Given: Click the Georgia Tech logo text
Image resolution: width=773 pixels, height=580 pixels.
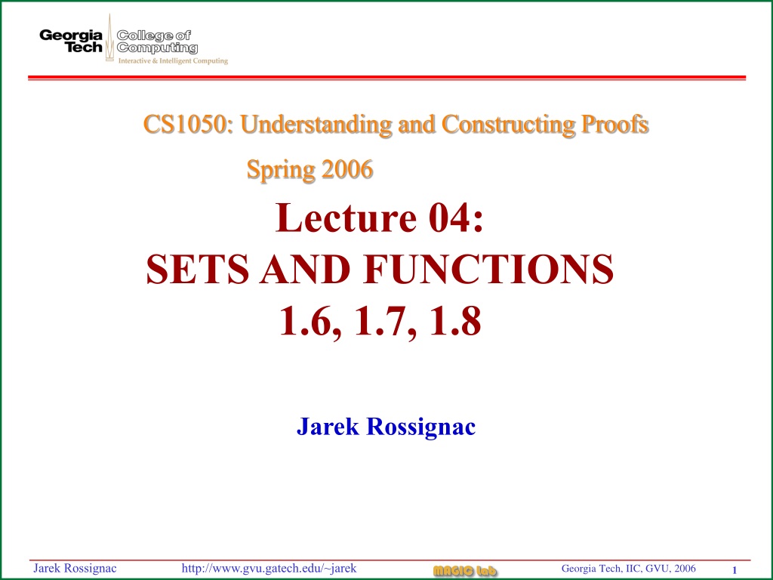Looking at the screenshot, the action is tap(71, 42).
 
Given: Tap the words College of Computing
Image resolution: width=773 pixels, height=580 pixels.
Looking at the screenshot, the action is tap(157, 42).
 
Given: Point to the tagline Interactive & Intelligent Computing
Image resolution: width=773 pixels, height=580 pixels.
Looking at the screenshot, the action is tap(173, 61).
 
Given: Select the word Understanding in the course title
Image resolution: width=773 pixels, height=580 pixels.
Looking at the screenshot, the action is tap(316, 125).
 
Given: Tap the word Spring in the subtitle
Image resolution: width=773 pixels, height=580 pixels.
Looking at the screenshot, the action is tap(281, 170).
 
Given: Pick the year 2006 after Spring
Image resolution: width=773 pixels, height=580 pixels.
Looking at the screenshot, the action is tap(347, 169).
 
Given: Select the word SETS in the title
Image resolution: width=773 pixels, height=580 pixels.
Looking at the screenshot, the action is tap(198, 270).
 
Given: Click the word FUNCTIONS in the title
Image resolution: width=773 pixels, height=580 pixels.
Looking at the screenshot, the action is tap(489, 270).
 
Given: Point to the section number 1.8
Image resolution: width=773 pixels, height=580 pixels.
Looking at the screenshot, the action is tap(455, 321).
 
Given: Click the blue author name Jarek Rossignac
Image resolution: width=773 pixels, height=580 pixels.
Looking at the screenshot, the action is tap(386, 427).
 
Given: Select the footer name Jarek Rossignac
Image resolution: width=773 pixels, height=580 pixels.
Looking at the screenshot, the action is tap(75, 568).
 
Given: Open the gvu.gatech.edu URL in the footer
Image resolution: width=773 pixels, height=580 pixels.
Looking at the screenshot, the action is tap(269, 568).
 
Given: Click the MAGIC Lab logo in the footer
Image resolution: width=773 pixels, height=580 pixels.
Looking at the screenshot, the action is tap(465, 571).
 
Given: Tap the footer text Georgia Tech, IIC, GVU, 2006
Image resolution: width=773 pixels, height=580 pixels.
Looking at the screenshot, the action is tap(629, 568).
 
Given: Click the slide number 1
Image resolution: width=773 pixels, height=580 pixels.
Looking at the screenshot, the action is tap(735, 570).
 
